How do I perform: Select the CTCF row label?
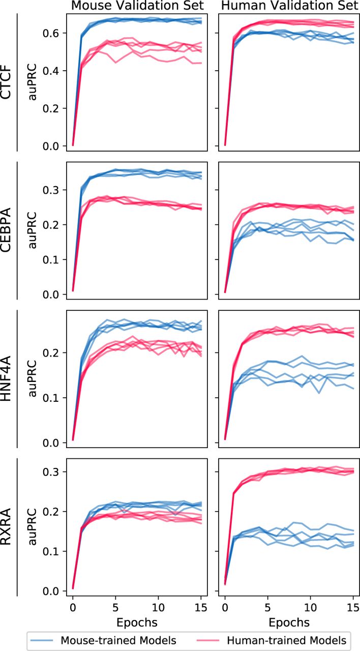(8, 82)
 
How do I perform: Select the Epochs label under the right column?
(289, 622)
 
